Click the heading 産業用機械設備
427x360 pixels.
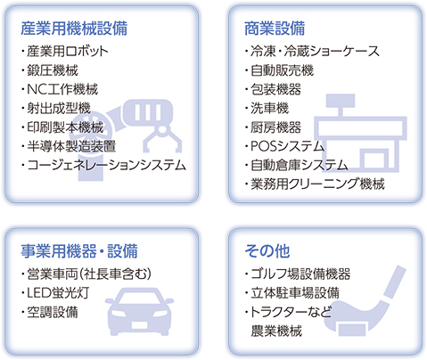click(x=74, y=29)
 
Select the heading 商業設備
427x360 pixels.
click(x=275, y=29)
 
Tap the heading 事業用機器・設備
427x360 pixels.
click(x=79, y=251)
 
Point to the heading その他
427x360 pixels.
click(x=267, y=251)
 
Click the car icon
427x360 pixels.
click(x=139, y=312)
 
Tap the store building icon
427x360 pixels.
click(x=360, y=134)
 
